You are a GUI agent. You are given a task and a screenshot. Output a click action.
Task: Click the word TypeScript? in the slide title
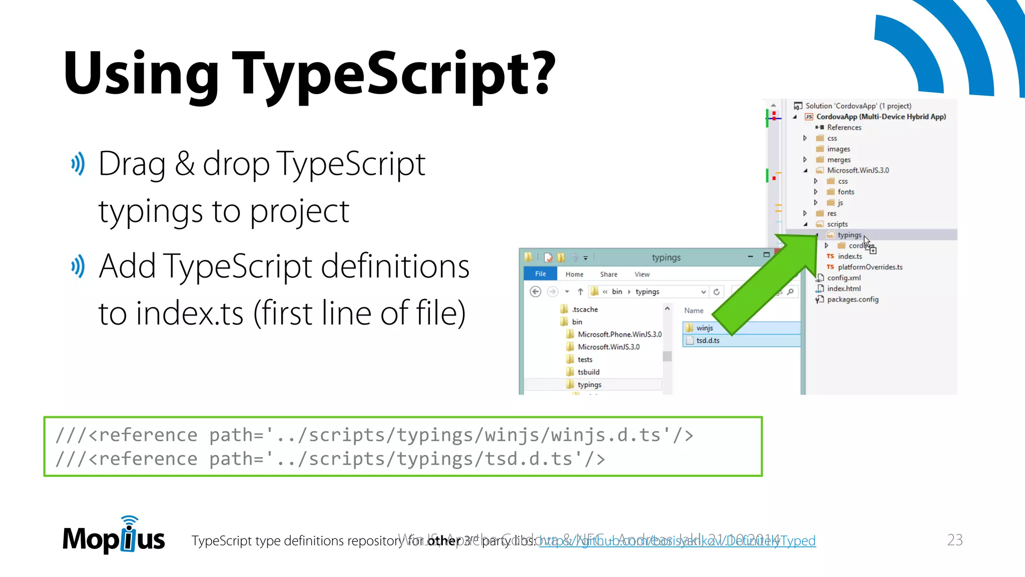[394, 74]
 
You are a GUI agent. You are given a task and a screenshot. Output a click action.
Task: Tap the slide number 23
[954, 539]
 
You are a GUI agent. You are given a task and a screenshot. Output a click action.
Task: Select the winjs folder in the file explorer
[704, 328]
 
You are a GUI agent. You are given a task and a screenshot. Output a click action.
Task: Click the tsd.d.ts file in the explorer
[708, 341]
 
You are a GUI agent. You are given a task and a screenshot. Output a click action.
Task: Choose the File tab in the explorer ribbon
[540, 274]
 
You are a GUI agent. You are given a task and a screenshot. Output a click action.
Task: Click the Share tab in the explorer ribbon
[608, 274]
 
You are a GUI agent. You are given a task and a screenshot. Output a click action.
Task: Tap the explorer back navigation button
[535, 292]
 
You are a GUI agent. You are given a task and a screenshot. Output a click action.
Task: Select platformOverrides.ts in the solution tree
[870, 267]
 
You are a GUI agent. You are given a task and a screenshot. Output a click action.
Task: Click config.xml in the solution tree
[844, 278]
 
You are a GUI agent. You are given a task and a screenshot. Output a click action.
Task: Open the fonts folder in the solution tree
[846, 192]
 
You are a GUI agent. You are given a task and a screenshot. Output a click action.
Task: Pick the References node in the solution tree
[844, 128]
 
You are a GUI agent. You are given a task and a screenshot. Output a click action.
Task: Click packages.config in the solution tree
[852, 300]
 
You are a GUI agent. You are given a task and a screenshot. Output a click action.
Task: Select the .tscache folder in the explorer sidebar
[585, 310]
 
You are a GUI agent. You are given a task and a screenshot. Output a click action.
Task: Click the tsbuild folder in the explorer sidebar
[588, 372]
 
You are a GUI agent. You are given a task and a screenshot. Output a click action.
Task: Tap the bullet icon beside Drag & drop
[78, 164]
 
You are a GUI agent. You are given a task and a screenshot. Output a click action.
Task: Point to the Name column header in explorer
[694, 311]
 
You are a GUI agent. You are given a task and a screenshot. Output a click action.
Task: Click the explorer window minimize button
[750, 256]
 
